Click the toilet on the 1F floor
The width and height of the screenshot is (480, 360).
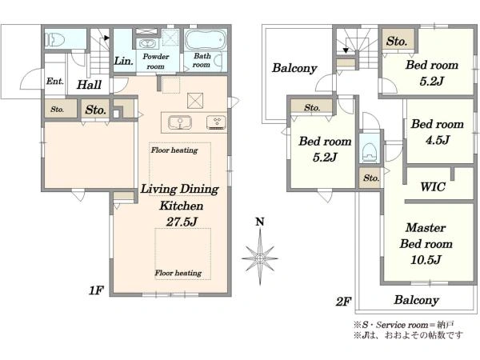point(55,40)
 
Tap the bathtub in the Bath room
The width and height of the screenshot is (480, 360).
point(206,40)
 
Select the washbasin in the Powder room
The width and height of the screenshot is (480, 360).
point(147,43)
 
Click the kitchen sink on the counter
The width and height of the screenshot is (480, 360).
point(180,122)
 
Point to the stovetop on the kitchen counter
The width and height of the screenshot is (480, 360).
point(217,122)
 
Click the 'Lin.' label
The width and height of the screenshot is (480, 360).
point(124,61)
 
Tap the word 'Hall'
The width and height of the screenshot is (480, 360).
point(89,85)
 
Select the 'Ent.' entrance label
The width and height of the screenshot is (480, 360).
point(55,81)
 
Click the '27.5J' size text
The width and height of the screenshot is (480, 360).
point(182,222)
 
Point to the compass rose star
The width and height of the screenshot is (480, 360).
point(260,258)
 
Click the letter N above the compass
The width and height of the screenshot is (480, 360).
point(260,222)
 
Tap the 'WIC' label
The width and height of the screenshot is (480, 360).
point(433,186)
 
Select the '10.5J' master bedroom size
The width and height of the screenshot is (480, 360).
point(426,260)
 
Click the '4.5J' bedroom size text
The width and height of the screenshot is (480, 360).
point(438,140)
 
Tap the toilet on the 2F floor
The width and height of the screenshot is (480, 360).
point(369,152)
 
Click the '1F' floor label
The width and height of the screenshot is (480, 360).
point(96,290)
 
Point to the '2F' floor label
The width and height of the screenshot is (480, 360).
point(343,302)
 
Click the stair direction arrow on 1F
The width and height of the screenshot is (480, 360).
point(106,38)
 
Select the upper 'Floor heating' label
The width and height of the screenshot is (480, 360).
point(174,150)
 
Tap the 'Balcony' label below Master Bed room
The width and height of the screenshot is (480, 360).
point(416,300)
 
